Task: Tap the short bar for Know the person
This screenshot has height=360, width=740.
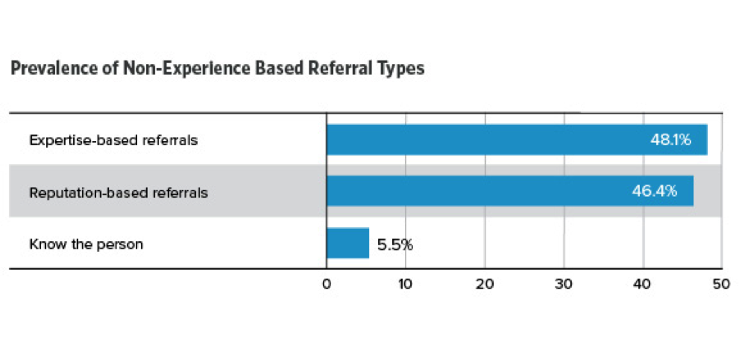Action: point(348,244)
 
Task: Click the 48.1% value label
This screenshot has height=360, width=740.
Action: point(670,139)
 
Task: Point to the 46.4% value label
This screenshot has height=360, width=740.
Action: point(654,192)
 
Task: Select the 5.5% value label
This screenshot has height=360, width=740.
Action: point(395,244)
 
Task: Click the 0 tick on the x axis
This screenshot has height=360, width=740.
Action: point(327,284)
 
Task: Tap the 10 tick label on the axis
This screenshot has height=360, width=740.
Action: point(405,284)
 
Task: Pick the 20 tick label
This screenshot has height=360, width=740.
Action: point(485,284)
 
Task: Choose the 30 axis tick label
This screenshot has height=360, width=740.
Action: point(564,284)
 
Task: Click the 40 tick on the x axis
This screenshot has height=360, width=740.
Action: point(642,284)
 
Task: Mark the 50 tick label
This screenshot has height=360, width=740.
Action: point(719,284)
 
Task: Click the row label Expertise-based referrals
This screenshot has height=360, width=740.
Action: point(113,140)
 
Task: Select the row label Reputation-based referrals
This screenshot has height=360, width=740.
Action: point(118,193)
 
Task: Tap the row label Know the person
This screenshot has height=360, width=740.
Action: point(86,244)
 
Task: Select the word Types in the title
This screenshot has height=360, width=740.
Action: point(404,69)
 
